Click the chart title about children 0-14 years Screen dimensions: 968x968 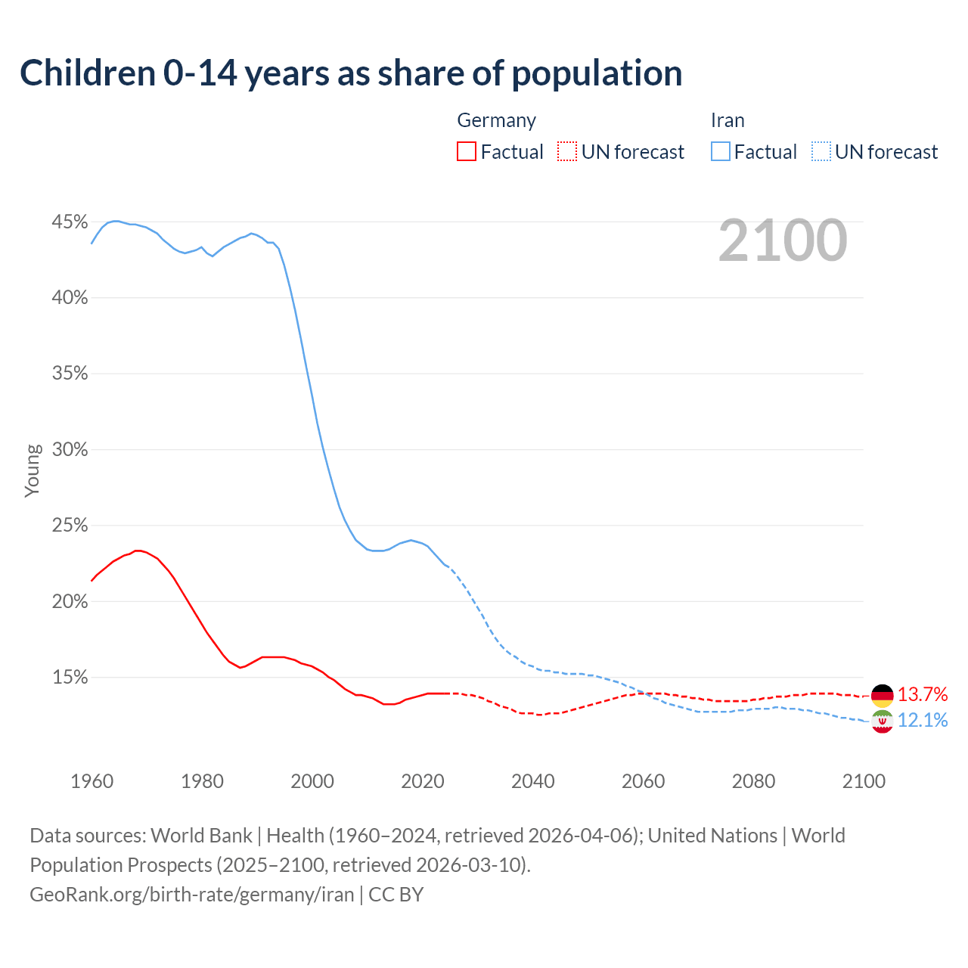(351, 73)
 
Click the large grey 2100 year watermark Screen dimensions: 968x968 (783, 240)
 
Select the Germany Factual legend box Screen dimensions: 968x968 (467, 152)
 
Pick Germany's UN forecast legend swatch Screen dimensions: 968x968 (567, 152)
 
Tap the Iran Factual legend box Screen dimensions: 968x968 (721, 152)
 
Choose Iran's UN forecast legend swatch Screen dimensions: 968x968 (821, 152)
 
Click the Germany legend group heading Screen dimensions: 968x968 (497, 120)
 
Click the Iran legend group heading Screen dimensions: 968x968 (728, 120)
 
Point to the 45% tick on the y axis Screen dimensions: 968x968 (70, 222)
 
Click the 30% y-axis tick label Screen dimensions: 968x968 (70, 449)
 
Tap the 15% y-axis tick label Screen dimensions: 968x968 (70, 678)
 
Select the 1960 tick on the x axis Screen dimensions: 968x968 (92, 781)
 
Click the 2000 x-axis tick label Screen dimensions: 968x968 (312, 781)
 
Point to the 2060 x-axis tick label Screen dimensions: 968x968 (643, 781)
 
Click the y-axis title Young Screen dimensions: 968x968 (33, 470)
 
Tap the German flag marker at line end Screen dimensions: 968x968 (883, 695)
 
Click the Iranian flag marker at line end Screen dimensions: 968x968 (883, 721)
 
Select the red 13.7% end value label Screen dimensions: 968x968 (923, 694)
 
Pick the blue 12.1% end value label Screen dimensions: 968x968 (923, 720)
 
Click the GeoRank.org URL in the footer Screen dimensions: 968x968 (192, 895)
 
